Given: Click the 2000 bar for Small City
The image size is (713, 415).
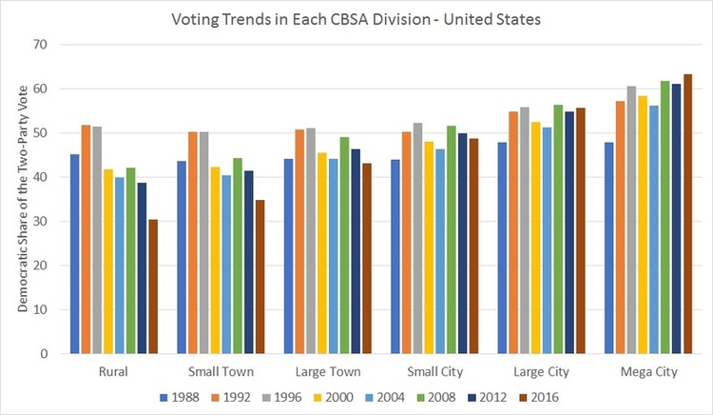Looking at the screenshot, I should coord(429,247).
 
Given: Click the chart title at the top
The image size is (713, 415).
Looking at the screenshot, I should coord(356,18).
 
